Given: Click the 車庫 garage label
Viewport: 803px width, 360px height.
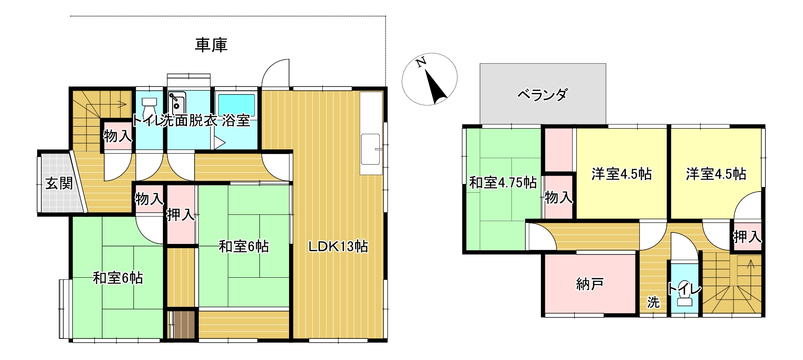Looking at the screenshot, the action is pos(211,45).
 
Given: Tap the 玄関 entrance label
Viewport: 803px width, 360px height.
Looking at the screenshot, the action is pos(59,183).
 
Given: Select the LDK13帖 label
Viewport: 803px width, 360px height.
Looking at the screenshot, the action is pos(338,246).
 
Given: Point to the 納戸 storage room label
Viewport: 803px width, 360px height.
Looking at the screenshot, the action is pos(589,284).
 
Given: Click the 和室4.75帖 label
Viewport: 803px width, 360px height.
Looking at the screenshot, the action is pos(503,183).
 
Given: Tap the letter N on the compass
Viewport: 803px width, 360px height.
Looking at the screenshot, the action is pos(421,63).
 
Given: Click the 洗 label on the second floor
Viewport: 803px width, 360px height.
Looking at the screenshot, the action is pos(653,302).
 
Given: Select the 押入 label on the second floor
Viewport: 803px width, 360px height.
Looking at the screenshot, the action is pos(747,237).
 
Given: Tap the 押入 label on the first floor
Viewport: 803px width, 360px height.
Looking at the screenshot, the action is pos(181,215).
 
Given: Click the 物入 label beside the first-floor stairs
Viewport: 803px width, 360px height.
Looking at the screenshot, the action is pos(118,136).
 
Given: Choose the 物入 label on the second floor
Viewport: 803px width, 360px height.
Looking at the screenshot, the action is pos(559,197).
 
